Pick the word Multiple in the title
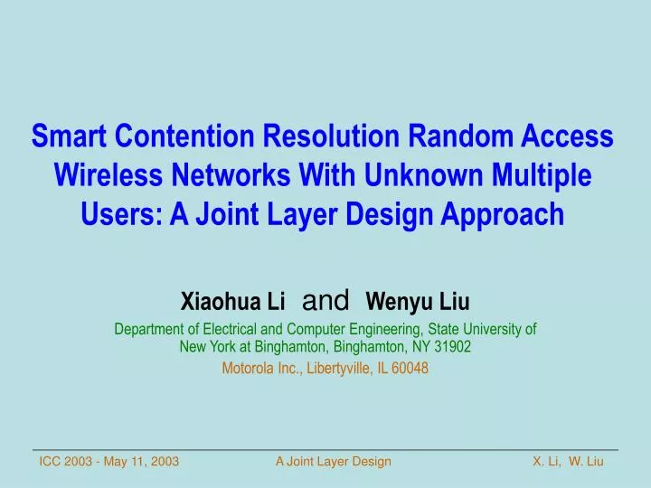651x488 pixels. pos(540,176)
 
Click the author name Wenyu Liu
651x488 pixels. pos(418,300)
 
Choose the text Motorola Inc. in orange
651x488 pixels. pos(259,368)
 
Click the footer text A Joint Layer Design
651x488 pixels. pos(334,462)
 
